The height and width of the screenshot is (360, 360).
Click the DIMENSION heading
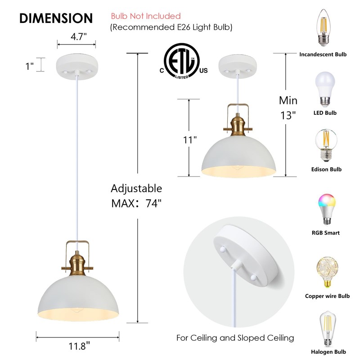[x=56, y=18]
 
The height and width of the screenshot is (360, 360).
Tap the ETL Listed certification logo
[x=182, y=64]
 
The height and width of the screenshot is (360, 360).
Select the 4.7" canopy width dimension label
[x=76, y=37]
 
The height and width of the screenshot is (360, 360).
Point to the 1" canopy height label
[x=30, y=66]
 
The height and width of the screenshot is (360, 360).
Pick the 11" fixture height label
[x=191, y=140]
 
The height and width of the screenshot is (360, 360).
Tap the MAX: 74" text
[x=136, y=203]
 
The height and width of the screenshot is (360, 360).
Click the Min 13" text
[x=288, y=108]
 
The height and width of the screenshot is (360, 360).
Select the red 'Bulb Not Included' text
[x=146, y=17]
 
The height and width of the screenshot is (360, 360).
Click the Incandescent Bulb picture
[x=323, y=28]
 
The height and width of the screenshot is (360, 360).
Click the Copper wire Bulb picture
[x=323, y=272]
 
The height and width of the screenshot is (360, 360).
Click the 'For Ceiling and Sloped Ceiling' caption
[x=235, y=337]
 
